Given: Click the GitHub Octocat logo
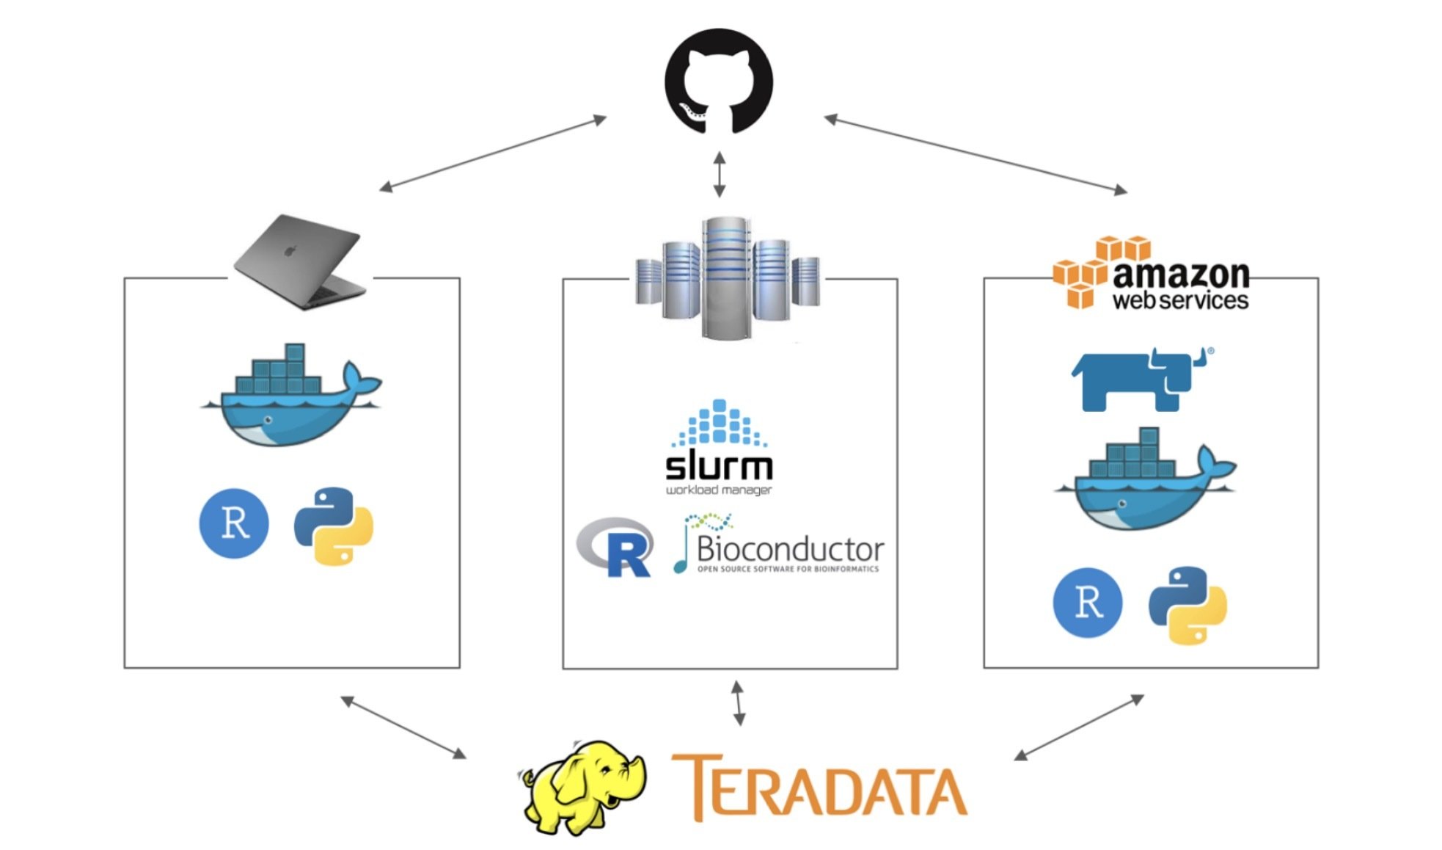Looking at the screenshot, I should tap(718, 81).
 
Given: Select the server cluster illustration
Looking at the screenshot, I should tap(727, 277).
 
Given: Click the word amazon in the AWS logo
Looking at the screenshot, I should tap(1181, 275).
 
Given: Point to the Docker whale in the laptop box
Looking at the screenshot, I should tap(290, 396).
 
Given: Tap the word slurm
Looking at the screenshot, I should tap(719, 467).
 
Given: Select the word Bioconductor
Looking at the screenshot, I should tap(790, 549).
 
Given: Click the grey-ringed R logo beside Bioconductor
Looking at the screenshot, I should tap(616, 547).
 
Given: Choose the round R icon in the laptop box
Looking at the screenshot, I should tap(234, 523).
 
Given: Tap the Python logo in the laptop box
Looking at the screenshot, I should tap(334, 526).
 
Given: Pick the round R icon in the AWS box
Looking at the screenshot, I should tap(1088, 603).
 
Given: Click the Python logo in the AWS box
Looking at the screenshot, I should tap(1187, 605).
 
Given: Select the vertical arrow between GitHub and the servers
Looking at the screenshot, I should tap(720, 175).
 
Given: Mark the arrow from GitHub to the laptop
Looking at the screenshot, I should tap(493, 153).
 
